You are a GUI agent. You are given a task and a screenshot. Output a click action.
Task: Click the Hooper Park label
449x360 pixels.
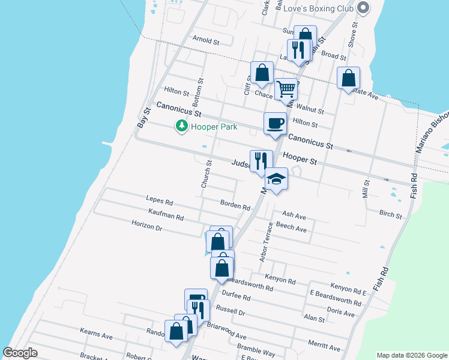pos(214,127)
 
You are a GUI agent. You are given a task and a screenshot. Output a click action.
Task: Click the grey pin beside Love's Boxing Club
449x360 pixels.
pos(363,8)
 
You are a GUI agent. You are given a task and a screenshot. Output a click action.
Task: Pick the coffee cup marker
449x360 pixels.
pos(276,124)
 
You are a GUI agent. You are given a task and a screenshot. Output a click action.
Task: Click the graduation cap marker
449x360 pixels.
pos(277,179)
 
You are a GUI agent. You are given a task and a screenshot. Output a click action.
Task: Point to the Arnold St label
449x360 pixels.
pos(206,41)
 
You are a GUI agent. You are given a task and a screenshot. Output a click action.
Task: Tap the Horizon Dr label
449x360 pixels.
pos(147,227)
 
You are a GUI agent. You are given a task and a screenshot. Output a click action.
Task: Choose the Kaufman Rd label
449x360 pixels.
pos(166,214)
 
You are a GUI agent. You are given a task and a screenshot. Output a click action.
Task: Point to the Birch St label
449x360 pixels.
pos(390,213)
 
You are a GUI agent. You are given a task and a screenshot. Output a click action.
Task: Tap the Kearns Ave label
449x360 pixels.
pos(97,332)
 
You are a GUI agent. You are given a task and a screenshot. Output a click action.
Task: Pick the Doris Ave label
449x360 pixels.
pos(340,313)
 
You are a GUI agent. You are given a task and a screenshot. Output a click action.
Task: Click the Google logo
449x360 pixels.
pos(20,353)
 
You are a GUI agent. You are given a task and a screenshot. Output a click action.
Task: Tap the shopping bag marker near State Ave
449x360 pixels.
pos(348,78)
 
